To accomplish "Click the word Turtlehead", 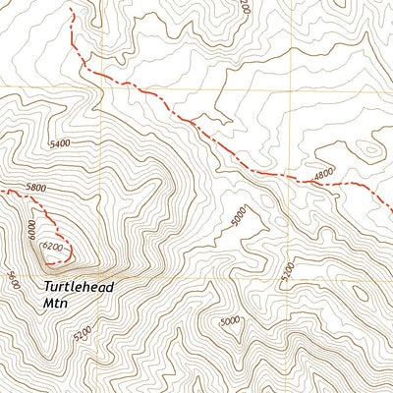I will coord(79,288).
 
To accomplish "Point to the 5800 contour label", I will coord(36,188).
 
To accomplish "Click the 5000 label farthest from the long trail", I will coord(229,321).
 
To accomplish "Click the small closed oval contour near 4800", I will coord(368,150).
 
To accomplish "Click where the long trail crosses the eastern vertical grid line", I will coord(292,177).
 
